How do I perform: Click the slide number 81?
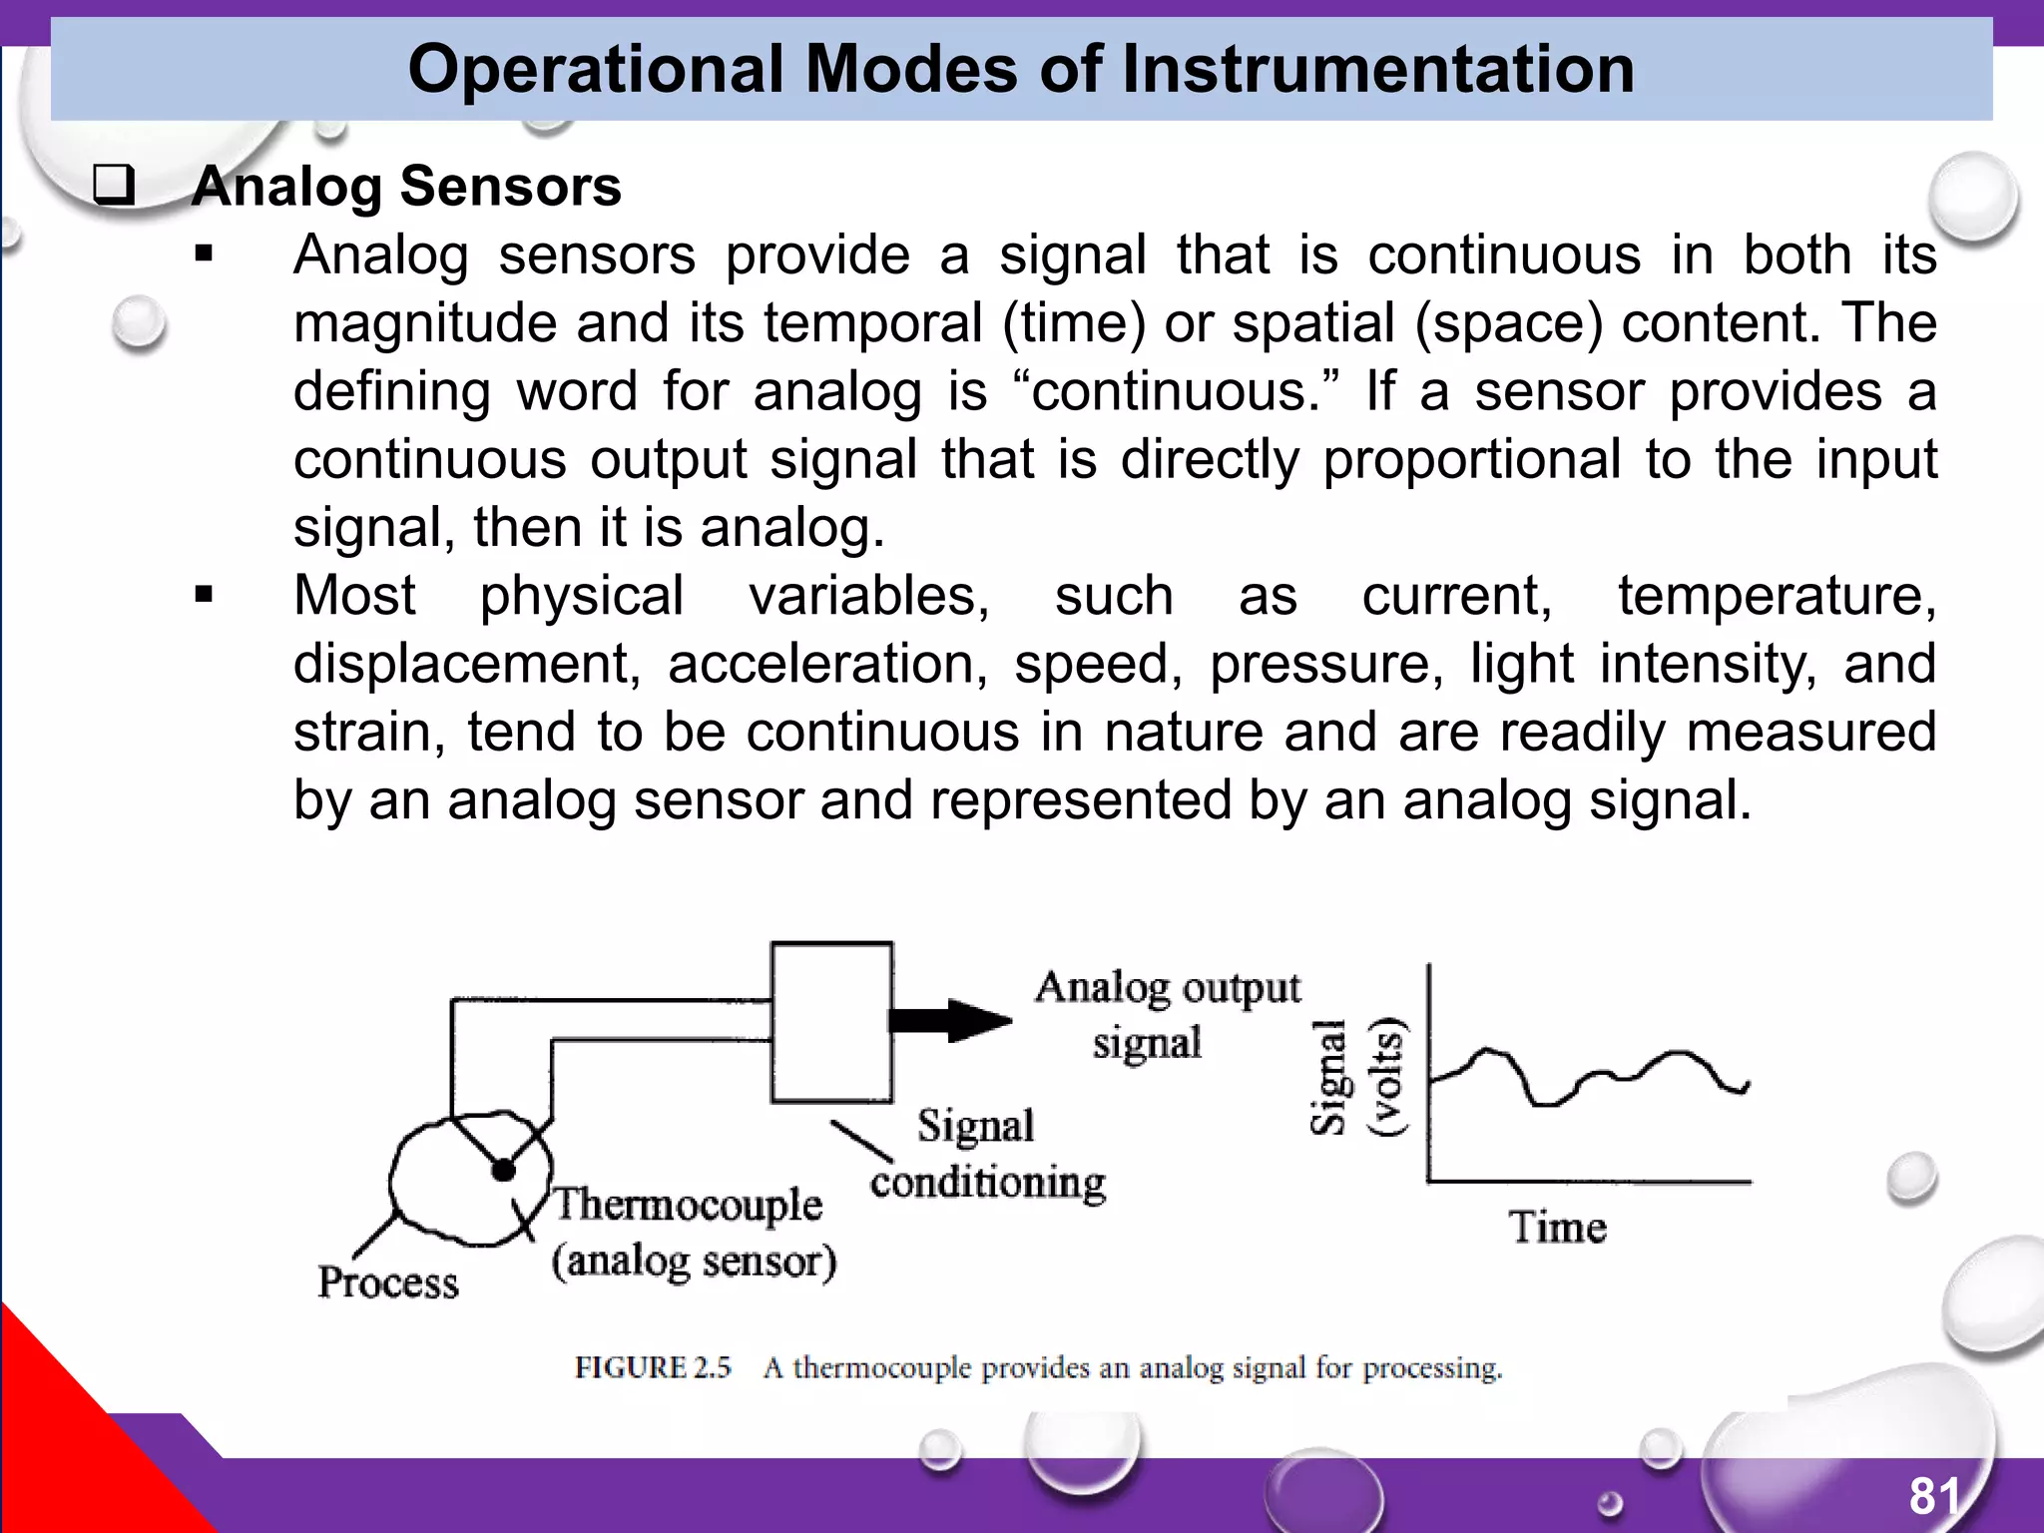pyautogui.click(x=1934, y=1496)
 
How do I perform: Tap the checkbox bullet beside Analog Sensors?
pyautogui.click(x=114, y=186)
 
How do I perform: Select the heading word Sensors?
pyautogui.click(x=510, y=187)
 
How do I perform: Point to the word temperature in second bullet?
pyautogui.click(x=1777, y=596)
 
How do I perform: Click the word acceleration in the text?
pyautogui.click(x=827, y=664)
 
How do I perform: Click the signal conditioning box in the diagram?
pyautogui.click(x=831, y=1022)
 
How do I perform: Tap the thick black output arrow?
pyautogui.click(x=950, y=1020)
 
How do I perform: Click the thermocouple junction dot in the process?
pyautogui.click(x=503, y=1169)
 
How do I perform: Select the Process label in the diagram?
pyautogui.click(x=388, y=1282)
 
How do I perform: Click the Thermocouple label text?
pyautogui.click(x=689, y=1204)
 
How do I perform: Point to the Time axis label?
pyautogui.click(x=1558, y=1227)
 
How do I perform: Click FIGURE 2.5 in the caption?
pyautogui.click(x=653, y=1367)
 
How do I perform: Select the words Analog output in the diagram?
pyautogui.click(x=1168, y=988)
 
